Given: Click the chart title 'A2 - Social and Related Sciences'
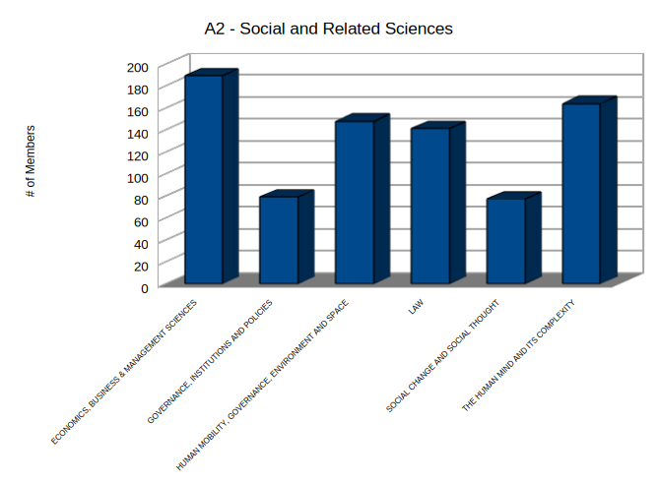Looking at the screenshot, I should point(328,29).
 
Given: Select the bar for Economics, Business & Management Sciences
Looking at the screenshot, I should point(204,180).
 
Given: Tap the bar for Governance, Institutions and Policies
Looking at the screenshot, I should point(279,240).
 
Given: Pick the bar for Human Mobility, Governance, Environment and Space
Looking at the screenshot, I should point(355,203).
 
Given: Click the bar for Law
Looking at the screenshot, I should point(430,206).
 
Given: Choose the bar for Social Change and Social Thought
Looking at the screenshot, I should point(506,241).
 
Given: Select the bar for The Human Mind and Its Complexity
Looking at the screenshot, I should point(581,193).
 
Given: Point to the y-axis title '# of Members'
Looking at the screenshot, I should point(31,161).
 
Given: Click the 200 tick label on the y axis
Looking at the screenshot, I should point(138,67).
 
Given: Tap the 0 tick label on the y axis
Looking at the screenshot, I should point(144,287).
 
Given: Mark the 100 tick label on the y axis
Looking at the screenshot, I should point(138,177).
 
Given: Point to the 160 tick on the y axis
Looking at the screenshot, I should point(138,111).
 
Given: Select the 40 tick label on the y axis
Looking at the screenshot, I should point(141,243).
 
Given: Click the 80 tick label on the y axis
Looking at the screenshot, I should point(141,199).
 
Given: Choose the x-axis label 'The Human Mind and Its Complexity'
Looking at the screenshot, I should point(518,356).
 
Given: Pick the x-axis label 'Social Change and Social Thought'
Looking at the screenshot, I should point(443,355).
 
